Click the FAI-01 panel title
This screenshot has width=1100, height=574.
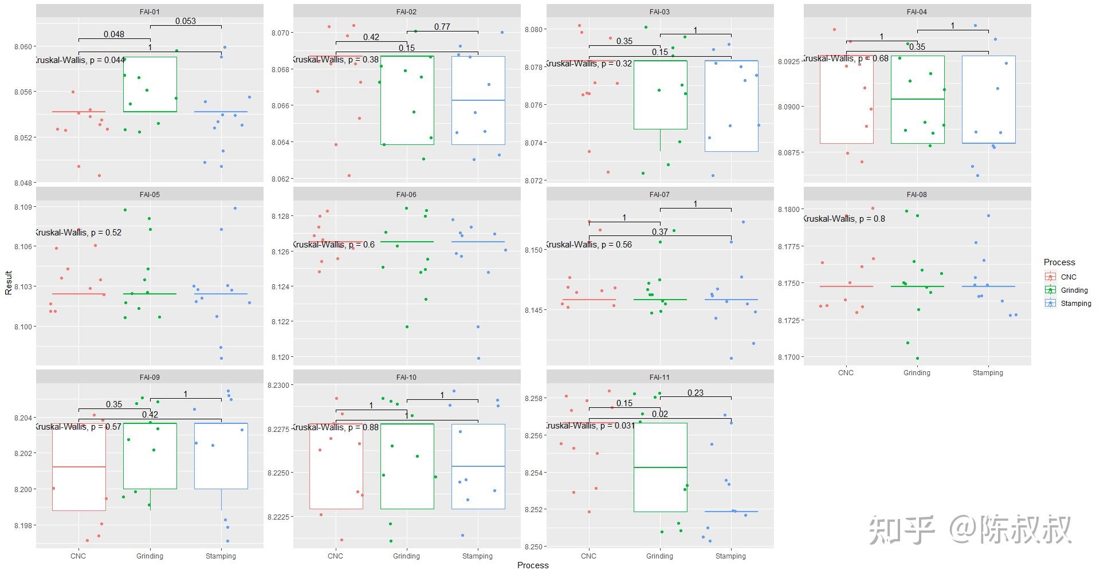coord(150,11)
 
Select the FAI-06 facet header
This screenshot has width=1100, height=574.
coord(406,194)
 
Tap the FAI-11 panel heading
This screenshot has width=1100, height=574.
coord(659,377)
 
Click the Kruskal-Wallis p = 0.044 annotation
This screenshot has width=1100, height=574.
coord(80,60)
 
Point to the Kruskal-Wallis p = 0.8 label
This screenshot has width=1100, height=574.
coord(843,218)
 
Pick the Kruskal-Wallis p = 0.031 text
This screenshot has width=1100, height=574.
coord(590,426)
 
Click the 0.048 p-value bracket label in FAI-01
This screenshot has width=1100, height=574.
coord(114,34)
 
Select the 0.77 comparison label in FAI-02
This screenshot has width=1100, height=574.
coord(442,27)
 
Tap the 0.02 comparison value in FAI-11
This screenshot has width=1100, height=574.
coord(659,414)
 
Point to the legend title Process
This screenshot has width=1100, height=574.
coord(1059,262)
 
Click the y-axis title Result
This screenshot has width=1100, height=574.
coord(9,283)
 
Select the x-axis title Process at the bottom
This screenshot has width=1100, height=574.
coord(533,565)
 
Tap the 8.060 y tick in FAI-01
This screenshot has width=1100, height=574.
coord(25,46)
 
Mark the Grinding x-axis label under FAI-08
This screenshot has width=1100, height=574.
coord(917,372)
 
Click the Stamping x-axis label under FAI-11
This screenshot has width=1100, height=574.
coord(730,556)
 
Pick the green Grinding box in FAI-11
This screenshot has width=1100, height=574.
coord(660,467)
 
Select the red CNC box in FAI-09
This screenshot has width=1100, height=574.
coord(79,467)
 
